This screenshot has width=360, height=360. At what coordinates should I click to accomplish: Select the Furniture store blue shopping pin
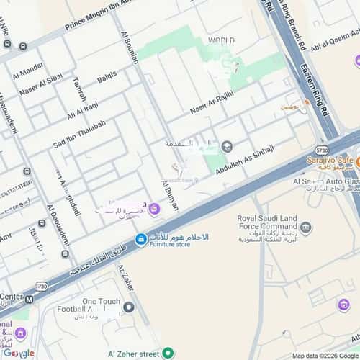[x=141, y=238]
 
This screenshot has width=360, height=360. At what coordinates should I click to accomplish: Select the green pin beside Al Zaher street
[x=168, y=354]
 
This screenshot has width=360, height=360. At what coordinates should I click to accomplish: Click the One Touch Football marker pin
[x=129, y=307]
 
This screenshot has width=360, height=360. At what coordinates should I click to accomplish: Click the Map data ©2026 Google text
[x=325, y=356]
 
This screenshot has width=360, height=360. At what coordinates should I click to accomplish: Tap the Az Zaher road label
[x=125, y=276]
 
